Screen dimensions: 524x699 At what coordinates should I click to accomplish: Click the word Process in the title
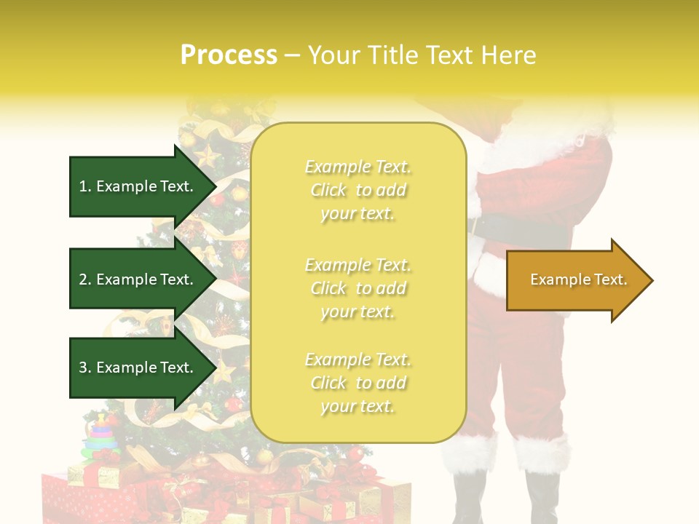coord(229,55)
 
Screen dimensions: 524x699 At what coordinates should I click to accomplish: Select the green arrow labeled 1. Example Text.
coord(138,186)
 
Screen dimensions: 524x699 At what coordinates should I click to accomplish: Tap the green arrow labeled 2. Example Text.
coord(138,279)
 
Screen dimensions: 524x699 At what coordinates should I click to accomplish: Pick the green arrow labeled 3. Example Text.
coord(138,368)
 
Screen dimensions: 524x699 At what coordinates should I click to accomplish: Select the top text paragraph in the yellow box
coord(358,190)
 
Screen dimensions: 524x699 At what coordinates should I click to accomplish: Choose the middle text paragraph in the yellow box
coord(358,288)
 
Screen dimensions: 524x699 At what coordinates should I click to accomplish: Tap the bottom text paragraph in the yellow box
coord(358,383)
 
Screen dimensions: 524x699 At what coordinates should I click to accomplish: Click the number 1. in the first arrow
coord(85,186)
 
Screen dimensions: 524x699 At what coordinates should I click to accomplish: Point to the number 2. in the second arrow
coord(85,279)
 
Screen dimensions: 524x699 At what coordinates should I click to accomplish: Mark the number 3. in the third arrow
coord(85,368)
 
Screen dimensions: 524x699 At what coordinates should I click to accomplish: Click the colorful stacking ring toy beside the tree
coord(101,437)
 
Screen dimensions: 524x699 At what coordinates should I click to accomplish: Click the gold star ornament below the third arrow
coord(224,372)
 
